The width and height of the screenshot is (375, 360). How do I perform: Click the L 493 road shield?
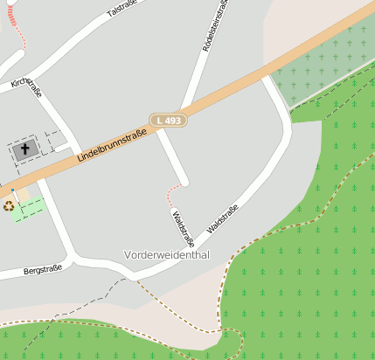[x=168, y=120]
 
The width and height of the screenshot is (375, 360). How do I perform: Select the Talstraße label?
[x=122, y=10]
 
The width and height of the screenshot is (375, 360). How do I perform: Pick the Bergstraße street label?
[x=43, y=270]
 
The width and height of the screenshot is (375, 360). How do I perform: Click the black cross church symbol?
[x=25, y=149]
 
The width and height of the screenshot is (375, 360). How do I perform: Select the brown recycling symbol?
[x=9, y=206]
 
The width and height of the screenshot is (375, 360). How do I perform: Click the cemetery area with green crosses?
[x=323, y=66]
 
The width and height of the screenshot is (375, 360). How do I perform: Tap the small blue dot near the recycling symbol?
[x=13, y=190]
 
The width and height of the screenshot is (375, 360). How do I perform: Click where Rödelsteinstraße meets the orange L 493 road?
[x=186, y=110]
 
